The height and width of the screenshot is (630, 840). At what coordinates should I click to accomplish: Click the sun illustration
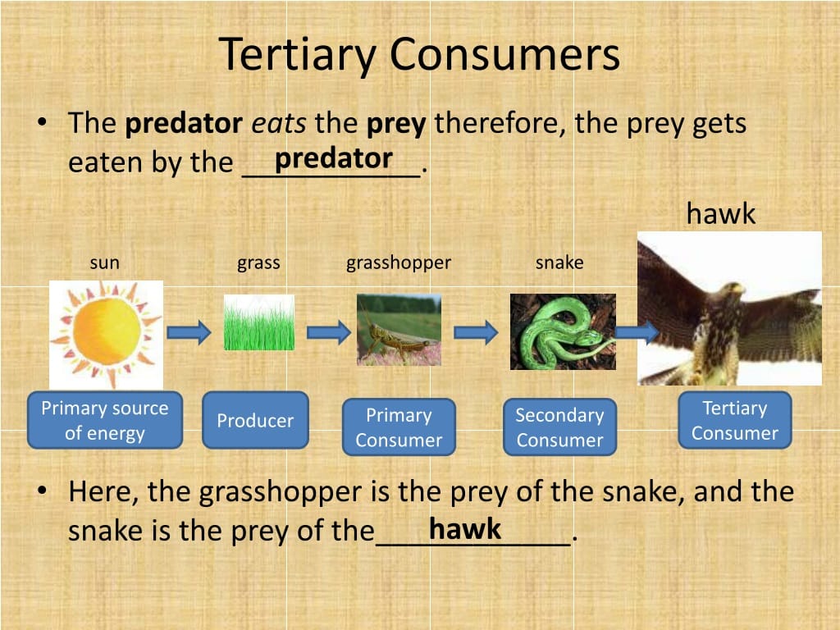point(106,335)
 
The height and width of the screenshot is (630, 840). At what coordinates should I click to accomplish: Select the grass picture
point(258,322)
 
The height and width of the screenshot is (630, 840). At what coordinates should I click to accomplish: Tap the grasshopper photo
point(399,330)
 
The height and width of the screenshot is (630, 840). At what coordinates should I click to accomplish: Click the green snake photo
point(563,331)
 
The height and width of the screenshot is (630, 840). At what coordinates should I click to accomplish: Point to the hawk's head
point(729,293)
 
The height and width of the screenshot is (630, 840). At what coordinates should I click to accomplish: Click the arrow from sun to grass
point(189,332)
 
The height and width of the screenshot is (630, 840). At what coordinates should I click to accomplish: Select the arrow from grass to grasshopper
point(328,332)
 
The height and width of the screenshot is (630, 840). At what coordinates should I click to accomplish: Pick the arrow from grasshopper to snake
point(476,332)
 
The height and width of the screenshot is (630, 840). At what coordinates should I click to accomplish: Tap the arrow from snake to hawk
point(637,332)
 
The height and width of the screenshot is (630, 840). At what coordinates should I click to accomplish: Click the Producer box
point(256,420)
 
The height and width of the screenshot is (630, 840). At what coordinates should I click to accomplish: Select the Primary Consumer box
point(399,427)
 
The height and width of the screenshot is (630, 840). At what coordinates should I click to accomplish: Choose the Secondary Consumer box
point(559,427)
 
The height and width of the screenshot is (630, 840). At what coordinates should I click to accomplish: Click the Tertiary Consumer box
point(735,420)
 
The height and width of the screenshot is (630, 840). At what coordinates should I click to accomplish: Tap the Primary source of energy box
point(105,420)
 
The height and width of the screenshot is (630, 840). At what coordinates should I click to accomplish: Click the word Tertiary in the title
point(299,55)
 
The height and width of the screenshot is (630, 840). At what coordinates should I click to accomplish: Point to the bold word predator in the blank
point(334,158)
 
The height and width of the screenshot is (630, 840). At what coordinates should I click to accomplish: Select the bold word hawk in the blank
point(465,529)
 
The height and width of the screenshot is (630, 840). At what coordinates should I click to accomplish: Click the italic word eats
point(279,124)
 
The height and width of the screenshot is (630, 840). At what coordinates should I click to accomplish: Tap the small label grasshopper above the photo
point(399,263)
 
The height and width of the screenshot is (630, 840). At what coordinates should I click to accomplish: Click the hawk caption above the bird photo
point(721,213)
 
